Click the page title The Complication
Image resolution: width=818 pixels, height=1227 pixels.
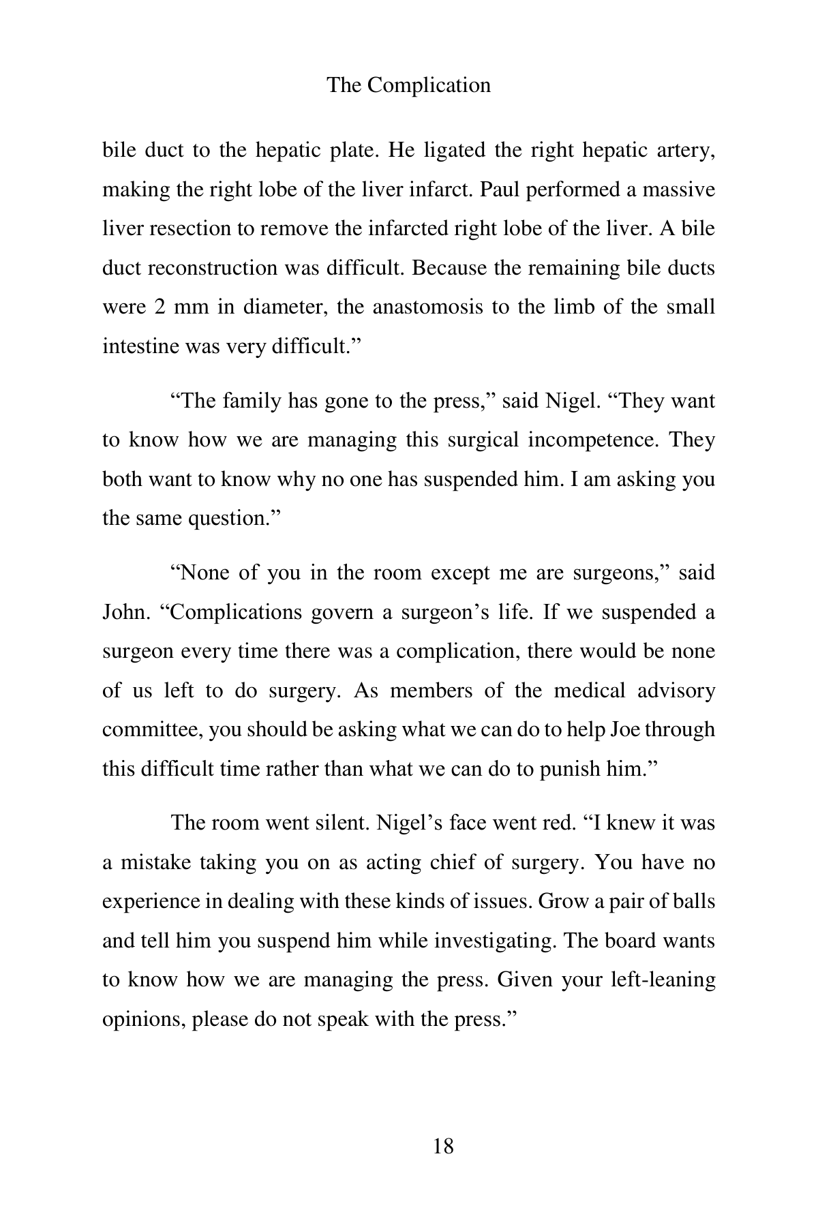408,85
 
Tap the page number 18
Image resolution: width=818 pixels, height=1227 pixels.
443,1147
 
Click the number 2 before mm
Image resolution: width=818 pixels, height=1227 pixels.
160,307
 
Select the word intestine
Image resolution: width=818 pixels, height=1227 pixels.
140,346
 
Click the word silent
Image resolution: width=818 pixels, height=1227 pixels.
335,823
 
